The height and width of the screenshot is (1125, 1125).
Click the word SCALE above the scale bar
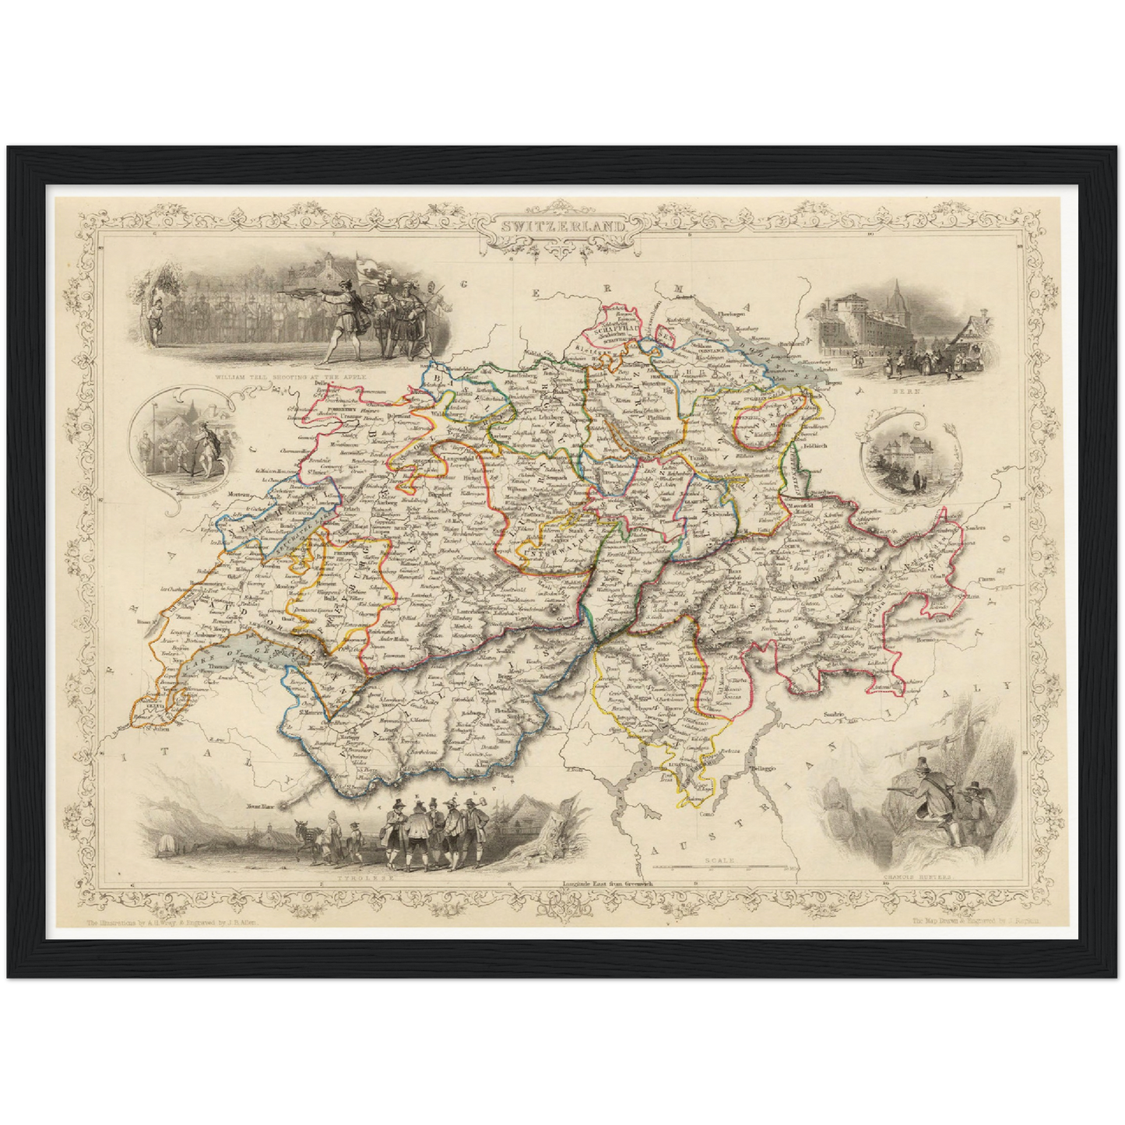(715, 860)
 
